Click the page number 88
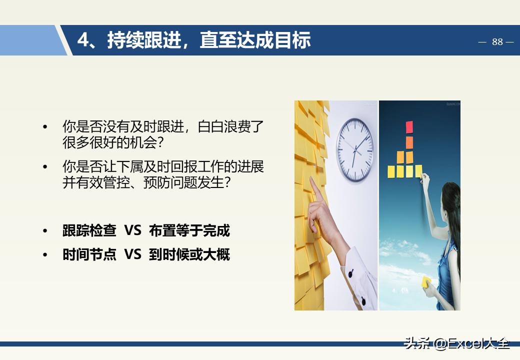tap(497, 42)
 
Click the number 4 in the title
tap(83, 40)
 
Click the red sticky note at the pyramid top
tap(409, 127)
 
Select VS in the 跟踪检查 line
tap(132, 230)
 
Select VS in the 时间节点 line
tap(132, 254)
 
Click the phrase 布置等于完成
tap(189, 230)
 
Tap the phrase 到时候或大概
tap(189, 254)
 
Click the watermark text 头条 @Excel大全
tap(456, 343)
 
